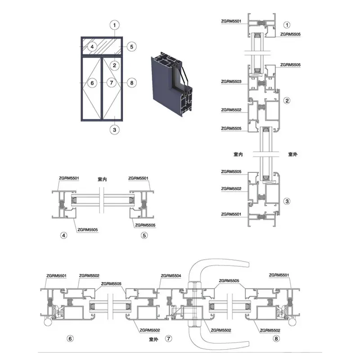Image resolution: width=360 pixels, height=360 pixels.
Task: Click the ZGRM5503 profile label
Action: (231, 81)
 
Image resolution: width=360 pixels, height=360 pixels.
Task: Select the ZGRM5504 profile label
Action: (171, 275)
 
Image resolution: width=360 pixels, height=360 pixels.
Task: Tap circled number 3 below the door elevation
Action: (115, 130)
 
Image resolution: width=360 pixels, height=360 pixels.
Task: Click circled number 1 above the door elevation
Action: (115, 25)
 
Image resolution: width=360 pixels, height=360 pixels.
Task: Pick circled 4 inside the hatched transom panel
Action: (92, 47)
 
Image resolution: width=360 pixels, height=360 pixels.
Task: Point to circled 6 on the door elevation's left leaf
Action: (92, 83)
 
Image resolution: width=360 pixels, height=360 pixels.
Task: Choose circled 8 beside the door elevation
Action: (131, 83)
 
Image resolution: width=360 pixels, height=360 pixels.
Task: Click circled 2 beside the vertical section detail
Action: (287, 100)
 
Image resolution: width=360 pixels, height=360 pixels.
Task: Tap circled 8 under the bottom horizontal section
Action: (276, 338)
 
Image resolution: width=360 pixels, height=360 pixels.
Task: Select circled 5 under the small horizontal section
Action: (144, 235)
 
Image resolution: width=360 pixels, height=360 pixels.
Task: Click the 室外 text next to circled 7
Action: (153, 339)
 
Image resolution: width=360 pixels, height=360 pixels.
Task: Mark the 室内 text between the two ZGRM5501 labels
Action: (102, 179)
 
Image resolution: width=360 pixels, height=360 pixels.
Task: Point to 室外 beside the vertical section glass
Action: (293, 154)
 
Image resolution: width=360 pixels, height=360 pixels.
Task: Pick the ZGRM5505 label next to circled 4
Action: (88, 229)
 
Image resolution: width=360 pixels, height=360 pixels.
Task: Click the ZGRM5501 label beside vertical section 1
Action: (231, 21)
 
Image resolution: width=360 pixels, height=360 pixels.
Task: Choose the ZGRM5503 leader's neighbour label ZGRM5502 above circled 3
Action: (231, 189)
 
